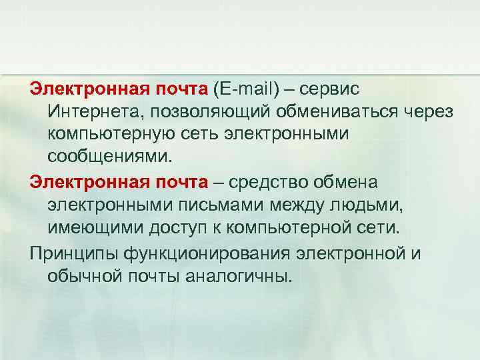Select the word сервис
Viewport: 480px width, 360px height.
tap(329, 89)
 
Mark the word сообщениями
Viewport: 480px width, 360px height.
tap(109, 157)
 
